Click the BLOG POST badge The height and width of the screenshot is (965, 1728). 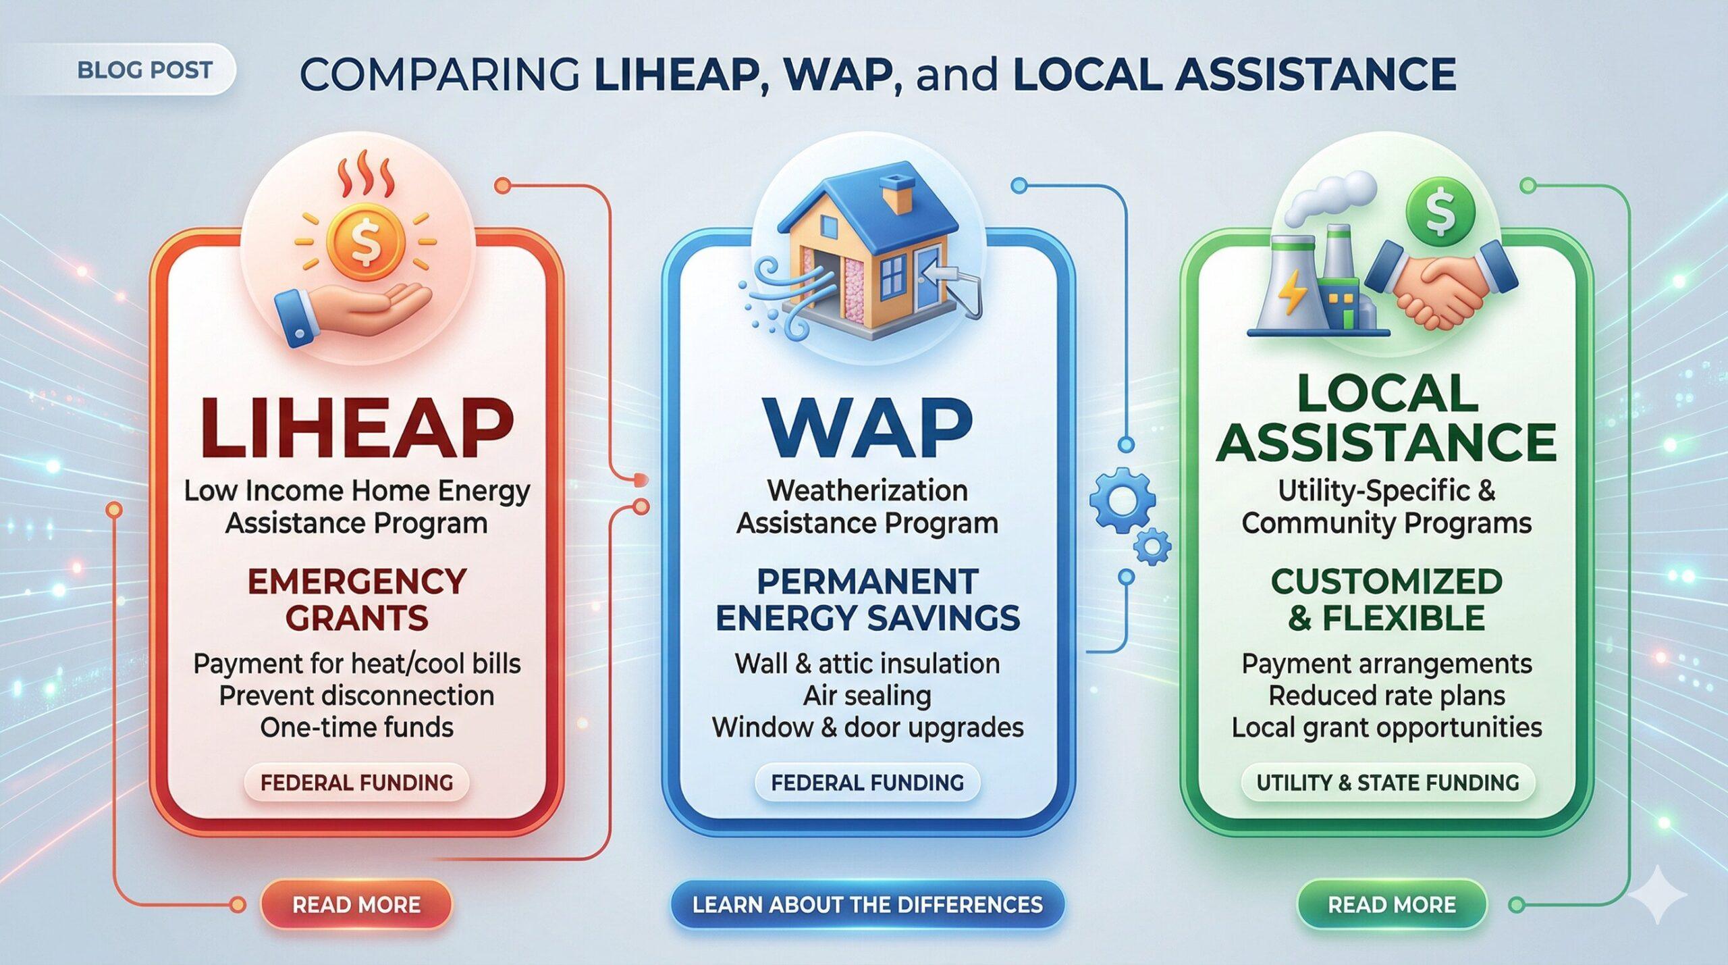145,70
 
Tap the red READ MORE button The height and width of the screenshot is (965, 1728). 356,905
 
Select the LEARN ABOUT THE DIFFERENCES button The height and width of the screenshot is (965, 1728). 867,905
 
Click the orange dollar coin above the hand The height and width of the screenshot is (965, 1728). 365,240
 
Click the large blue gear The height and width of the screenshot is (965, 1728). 1122,501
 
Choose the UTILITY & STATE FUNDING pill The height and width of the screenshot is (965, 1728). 1387,783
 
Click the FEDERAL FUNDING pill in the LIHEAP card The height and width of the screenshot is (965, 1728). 356,783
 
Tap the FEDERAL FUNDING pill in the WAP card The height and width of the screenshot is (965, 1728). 867,783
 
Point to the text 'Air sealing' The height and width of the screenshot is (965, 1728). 867,696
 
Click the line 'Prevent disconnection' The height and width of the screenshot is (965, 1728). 356,696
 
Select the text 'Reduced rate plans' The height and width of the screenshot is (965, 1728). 1387,696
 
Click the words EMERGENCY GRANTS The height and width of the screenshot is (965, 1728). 356,600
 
